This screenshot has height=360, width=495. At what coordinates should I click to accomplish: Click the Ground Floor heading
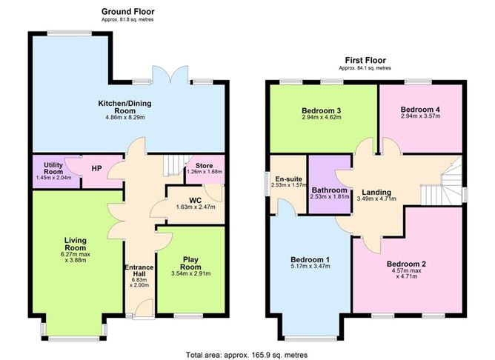[x=128, y=12]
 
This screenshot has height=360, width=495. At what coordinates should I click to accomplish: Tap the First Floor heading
[x=365, y=60]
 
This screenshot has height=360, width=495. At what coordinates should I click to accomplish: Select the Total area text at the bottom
[x=247, y=355]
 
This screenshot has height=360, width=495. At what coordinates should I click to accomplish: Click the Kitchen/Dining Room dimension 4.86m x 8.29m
[x=125, y=117]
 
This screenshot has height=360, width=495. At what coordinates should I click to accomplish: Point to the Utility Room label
[x=53, y=168]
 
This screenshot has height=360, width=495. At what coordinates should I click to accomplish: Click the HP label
[x=96, y=168]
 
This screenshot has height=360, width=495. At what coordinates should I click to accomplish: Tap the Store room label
[x=204, y=166]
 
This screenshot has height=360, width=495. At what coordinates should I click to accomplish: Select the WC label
[x=196, y=201]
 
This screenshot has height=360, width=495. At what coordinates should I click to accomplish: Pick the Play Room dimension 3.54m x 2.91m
[x=190, y=273]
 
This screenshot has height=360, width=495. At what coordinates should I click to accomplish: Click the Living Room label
[x=75, y=244]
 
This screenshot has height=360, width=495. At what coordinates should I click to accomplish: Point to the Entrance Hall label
[x=139, y=270]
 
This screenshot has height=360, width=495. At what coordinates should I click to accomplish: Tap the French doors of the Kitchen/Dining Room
[x=170, y=75]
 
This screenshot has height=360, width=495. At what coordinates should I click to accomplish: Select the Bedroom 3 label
[x=321, y=111]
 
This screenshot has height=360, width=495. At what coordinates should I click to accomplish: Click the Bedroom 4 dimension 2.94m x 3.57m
[x=420, y=116]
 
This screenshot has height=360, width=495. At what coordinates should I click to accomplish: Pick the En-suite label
[x=288, y=179]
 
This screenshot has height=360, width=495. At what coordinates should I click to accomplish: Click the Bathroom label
[x=329, y=190]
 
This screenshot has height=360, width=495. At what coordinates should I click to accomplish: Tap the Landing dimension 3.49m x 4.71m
[x=376, y=199]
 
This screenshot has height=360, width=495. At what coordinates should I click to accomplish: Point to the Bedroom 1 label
[x=310, y=260]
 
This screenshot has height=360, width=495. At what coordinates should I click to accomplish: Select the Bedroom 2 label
[x=407, y=264]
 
